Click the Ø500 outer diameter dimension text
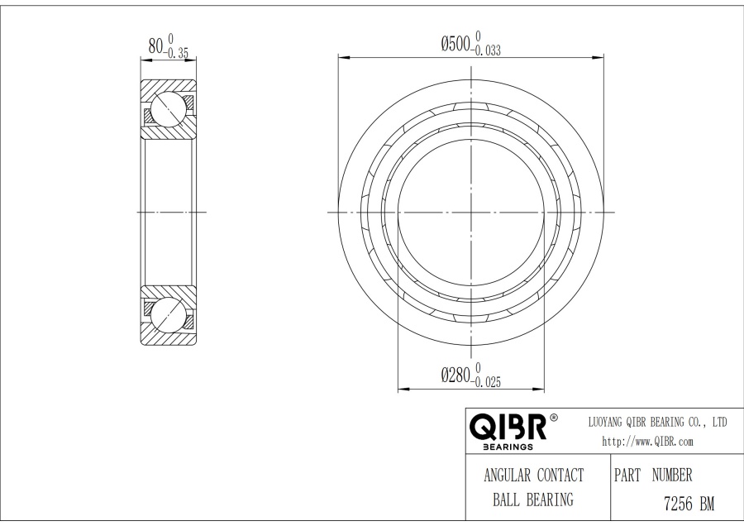click(x=455, y=43)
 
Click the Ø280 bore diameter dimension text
click(x=455, y=375)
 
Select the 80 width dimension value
click(x=155, y=45)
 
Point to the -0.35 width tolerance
click(x=177, y=53)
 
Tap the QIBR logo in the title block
click(x=508, y=427)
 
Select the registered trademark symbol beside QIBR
click(x=553, y=417)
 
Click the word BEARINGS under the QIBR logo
click(x=508, y=447)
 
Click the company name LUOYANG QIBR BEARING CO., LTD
click(x=656, y=423)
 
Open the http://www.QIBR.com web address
click(x=647, y=442)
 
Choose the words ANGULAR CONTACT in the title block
click(x=533, y=476)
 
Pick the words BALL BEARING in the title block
click(x=533, y=500)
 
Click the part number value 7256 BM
click(x=689, y=504)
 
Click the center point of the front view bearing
click(x=471, y=213)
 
